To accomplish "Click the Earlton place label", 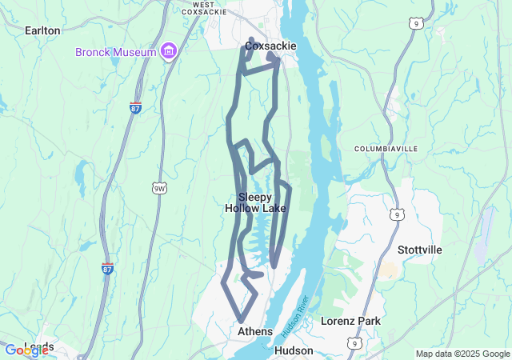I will pyautogui.click(x=43, y=30).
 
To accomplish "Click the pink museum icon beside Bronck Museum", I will pyautogui.click(x=168, y=52).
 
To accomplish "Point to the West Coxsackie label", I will pyautogui.click(x=204, y=9).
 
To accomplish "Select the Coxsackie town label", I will pyautogui.click(x=270, y=46).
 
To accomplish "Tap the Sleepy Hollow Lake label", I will pyautogui.click(x=255, y=202).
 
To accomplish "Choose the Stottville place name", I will pyautogui.click(x=419, y=250).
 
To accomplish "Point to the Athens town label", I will pyautogui.click(x=255, y=331).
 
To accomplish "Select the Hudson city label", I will pyautogui.click(x=294, y=350).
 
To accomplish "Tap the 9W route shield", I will pyautogui.click(x=159, y=188).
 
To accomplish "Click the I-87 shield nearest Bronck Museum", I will pyautogui.click(x=135, y=107).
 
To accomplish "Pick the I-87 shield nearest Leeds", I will pyautogui.click(x=107, y=269).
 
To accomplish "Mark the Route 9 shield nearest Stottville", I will pyautogui.click(x=397, y=214).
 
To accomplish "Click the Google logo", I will pyautogui.click(x=26, y=350).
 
